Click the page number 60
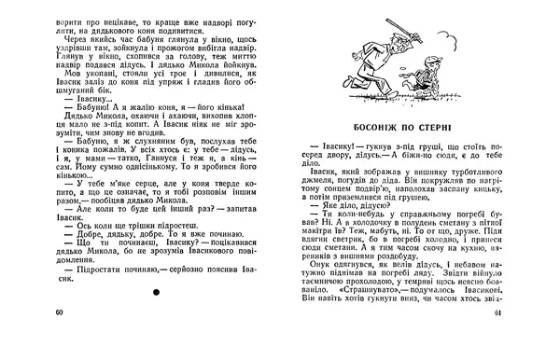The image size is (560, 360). click(x=61, y=337)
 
